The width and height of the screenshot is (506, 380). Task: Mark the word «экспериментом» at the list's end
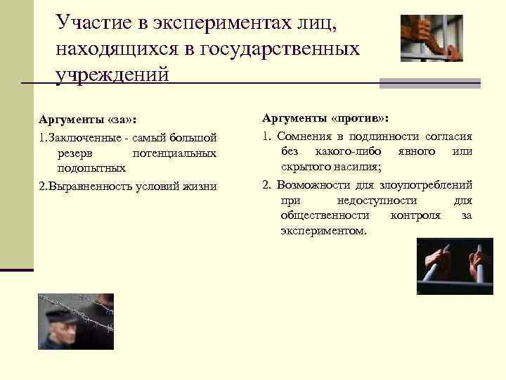323,230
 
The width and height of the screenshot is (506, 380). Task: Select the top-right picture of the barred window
432,39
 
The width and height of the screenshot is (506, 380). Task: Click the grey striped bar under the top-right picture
429,82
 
